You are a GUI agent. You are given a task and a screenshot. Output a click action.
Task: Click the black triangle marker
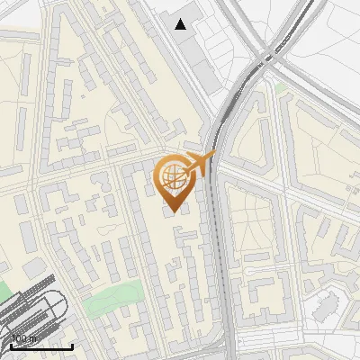click(x=181, y=23)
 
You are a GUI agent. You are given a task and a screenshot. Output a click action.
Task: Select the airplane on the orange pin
click(x=201, y=164)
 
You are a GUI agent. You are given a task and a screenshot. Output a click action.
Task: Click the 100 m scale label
click(x=23, y=339)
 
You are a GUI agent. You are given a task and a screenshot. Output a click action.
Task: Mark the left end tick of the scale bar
click(x=10, y=346)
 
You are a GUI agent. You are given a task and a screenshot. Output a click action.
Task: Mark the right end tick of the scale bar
click(x=72, y=346)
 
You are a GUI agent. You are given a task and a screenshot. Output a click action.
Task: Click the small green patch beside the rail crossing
click(x=281, y=87)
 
